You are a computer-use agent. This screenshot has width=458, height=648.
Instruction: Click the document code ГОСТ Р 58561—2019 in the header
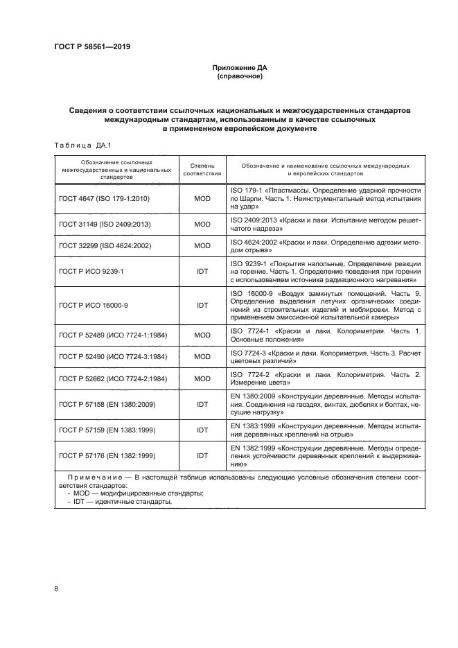click(x=91, y=47)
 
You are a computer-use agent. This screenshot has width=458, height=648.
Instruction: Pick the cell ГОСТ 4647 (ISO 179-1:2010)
click(x=105, y=199)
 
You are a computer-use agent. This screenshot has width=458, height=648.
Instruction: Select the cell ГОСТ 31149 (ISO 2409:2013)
click(x=105, y=225)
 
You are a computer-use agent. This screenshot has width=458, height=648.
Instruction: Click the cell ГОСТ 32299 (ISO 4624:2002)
click(x=105, y=245)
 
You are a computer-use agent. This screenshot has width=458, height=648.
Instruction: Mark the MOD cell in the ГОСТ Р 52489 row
click(x=202, y=335)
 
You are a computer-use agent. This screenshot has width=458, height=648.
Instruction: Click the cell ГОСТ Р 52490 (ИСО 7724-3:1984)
click(x=114, y=356)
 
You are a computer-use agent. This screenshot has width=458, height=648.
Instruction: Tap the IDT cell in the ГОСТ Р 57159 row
click(x=202, y=430)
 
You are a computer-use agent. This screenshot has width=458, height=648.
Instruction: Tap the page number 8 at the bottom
click(x=56, y=589)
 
